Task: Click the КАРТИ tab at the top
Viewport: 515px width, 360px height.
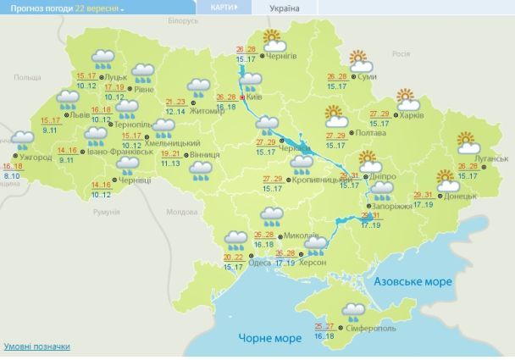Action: tap(219, 7)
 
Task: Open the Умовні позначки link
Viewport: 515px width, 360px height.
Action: tap(37, 347)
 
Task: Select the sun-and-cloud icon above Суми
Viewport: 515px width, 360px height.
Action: tap(362, 62)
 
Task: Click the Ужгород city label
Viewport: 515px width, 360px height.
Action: tap(36, 158)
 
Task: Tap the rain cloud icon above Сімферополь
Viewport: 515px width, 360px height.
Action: tap(353, 311)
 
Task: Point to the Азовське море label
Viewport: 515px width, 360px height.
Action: tap(413, 282)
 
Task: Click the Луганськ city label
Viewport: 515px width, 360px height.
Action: tap(491, 158)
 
